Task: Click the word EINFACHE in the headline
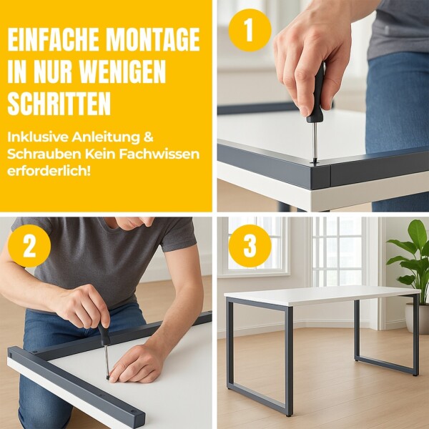point(53,39)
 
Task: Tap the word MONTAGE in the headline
point(153,39)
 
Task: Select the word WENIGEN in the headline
point(124,71)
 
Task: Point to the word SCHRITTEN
point(59,104)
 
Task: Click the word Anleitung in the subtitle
point(106,137)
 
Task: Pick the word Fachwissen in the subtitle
point(159,154)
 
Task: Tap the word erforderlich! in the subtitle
point(49,172)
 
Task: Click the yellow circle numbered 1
point(250,30)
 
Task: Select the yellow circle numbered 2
point(29,246)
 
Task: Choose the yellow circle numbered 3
point(250,246)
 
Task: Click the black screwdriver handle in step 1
point(317,93)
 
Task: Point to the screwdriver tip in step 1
point(315,163)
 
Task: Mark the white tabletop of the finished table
point(322,295)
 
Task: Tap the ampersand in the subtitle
point(148,137)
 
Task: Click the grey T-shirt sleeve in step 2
point(178,235)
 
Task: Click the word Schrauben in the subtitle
point(44,154)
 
